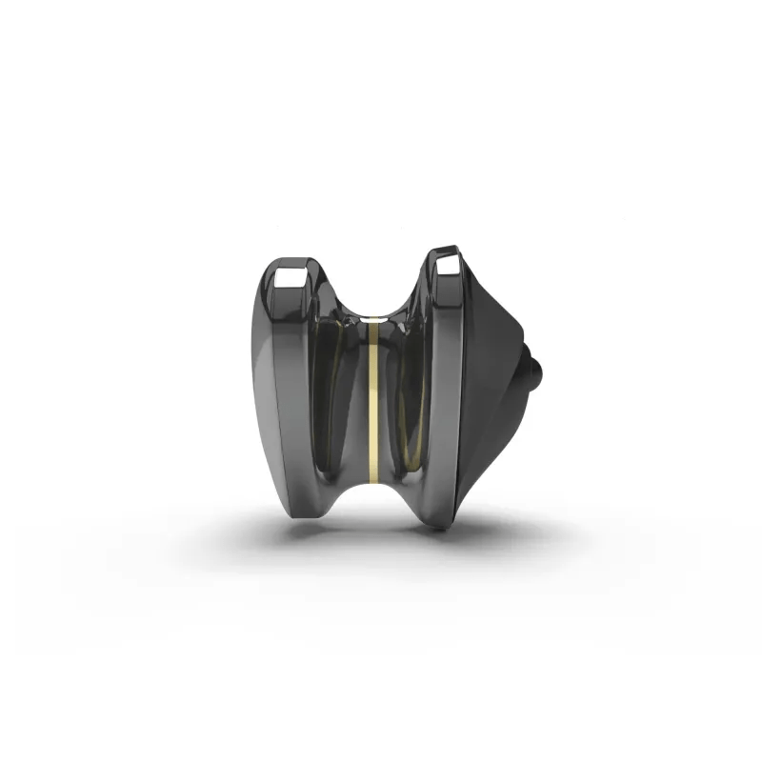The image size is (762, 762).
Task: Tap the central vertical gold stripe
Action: point(374,400)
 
